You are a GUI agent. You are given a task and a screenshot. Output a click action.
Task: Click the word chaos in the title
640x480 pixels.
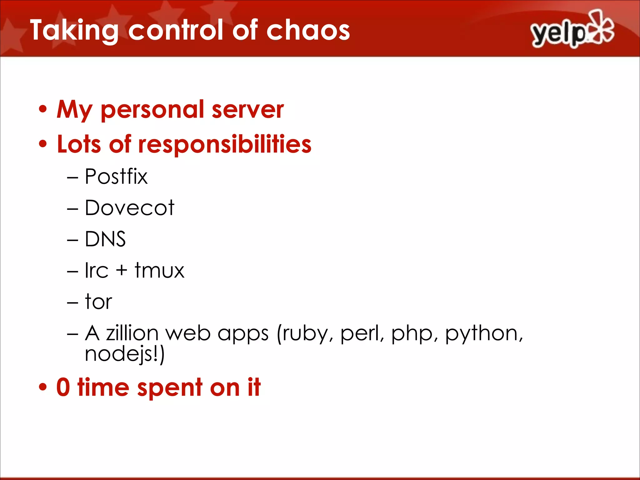pos(308,30)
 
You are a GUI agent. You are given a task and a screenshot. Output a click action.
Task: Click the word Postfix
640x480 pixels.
pos(116,177)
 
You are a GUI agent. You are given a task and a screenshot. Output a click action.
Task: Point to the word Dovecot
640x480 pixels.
pos(129,208)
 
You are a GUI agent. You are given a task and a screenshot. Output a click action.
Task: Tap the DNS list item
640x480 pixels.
pos(105,239)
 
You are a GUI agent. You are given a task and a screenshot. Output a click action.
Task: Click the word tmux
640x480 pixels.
pos(159,270)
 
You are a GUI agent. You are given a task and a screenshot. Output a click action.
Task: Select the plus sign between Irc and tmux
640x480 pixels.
pos(122,270)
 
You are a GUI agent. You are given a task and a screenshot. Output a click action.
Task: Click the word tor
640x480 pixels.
pos(98,302)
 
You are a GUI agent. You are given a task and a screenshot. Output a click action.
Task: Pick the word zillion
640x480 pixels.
pos(132,333)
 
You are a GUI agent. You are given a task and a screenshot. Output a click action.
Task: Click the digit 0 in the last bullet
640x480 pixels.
pos(63,387)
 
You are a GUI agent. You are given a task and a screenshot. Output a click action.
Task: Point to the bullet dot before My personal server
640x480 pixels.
pos(43,110)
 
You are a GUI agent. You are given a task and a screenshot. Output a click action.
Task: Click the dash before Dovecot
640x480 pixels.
pos(72,208)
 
